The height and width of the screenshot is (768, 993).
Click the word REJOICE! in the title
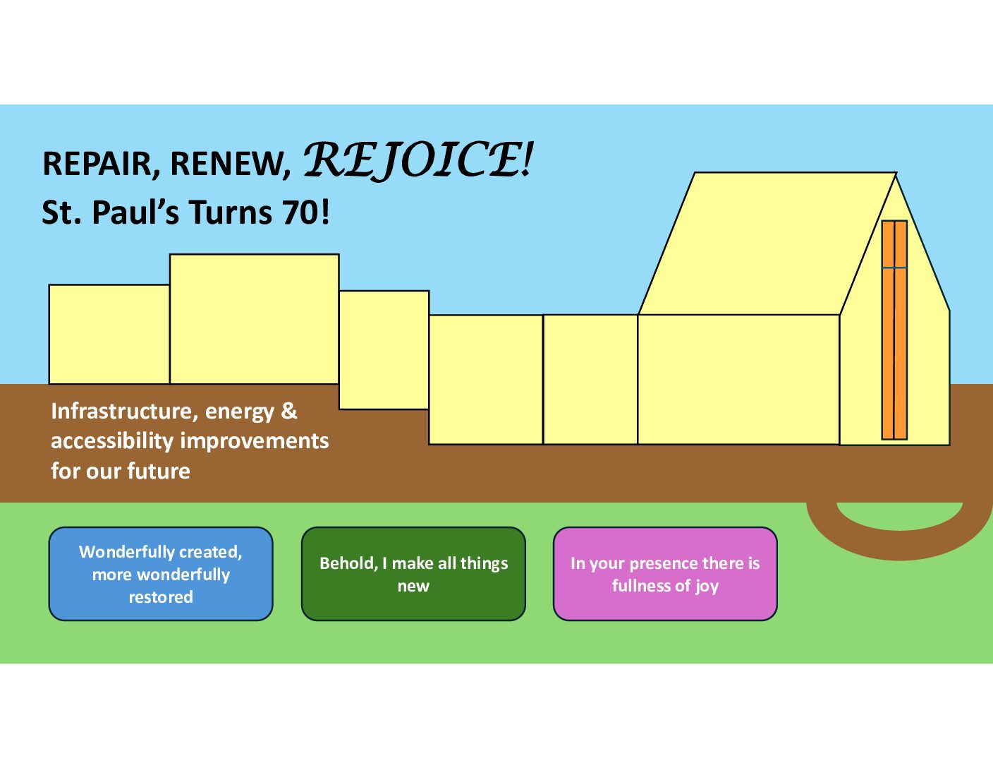(418, 160)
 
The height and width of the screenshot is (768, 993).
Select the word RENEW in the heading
(231, 164)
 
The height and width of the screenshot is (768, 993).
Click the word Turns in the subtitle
(231, 212)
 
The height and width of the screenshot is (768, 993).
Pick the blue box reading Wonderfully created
(161, 574)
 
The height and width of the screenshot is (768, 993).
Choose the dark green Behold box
(413, 574)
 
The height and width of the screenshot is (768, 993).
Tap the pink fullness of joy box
(665, 574)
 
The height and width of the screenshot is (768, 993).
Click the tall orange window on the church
(894, 330)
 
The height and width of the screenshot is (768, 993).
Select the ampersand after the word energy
(289, 411)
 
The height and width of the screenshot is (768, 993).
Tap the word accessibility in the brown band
(112, 441)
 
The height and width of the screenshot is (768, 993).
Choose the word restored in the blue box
(161, 597)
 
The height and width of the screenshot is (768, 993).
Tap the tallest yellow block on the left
(254, 319)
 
